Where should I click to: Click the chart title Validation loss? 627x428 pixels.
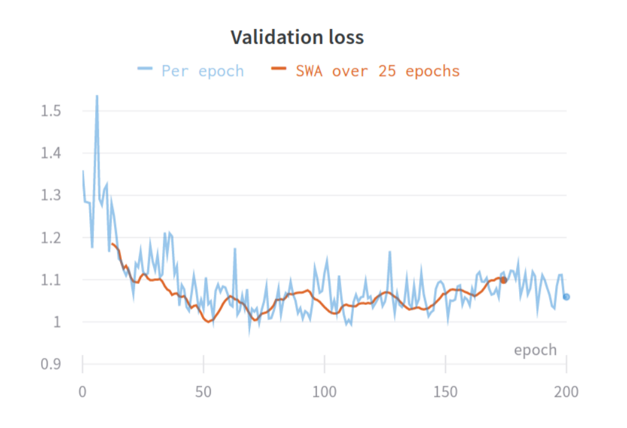click(297, 37)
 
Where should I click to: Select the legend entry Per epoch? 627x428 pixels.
click(202, 71)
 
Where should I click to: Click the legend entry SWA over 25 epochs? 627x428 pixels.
click(377, 71)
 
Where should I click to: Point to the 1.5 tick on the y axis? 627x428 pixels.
click(52, 111)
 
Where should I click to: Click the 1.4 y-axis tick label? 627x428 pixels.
click(52, 153)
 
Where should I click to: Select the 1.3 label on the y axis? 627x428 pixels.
click(52, 195)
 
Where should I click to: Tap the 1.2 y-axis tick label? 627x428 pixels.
click(52, 238)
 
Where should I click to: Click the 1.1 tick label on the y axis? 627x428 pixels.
click(52, 280)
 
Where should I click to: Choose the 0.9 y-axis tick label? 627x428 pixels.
click(52, 364)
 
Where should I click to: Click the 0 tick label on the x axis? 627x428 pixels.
click(83, 392)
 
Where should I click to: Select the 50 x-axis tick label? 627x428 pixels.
click(203, 392)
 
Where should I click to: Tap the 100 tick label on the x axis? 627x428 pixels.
click(324, 392)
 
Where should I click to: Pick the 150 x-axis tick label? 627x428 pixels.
click(446, 392)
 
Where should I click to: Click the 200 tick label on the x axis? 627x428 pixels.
click(566, 392)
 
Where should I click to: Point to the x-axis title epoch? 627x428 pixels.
click(535, 350)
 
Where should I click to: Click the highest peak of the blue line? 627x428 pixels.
click(97, 96)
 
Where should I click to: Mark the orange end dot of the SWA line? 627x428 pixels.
click(504, 280)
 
